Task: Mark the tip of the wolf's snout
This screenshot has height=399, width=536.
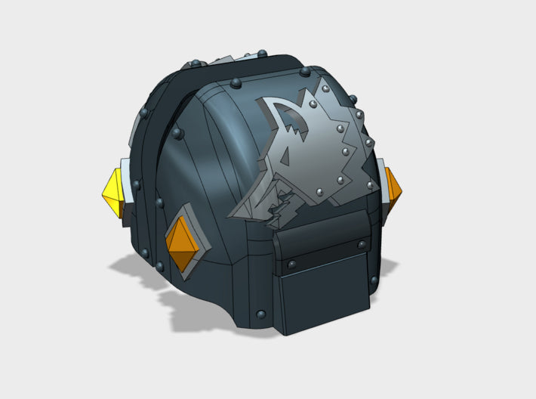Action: point(234,215)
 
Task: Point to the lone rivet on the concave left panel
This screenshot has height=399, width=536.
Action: point(178,134)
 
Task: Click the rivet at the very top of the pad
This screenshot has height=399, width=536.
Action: point(261,53)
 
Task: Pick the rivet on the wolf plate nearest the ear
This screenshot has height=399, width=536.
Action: point(316,96)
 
